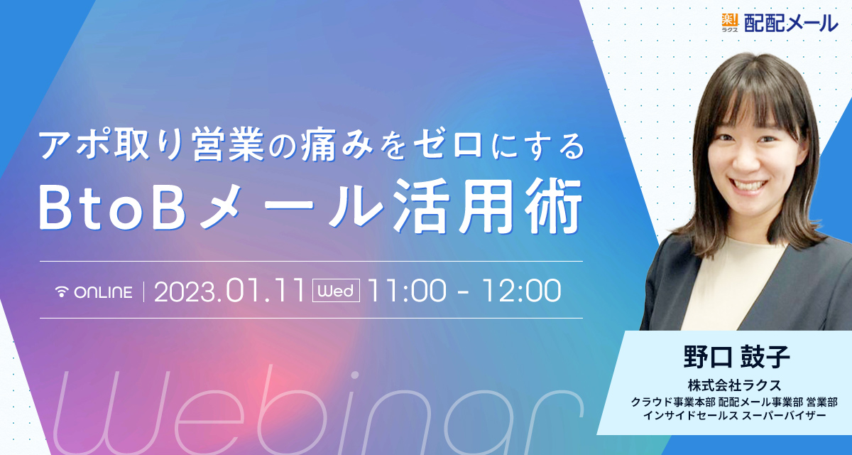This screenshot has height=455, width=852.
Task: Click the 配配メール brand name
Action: [x=791, y=23]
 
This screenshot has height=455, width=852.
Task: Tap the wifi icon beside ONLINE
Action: [x=62, y=291]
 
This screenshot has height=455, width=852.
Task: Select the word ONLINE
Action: [x=104, y=292]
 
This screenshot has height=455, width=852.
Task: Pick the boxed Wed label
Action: [x=336, y=291]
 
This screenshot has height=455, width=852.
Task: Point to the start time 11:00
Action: [x=407, y=291]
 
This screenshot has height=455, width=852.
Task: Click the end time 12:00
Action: [x=521, y=291]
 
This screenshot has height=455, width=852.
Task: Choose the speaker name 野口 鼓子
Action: [x=736, y=357]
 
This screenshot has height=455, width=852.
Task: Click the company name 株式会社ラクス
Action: [x=734, y=385]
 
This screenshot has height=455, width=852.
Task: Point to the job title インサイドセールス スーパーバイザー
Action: [x=734, y=415]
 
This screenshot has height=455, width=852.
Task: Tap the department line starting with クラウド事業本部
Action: [x=734, y=402]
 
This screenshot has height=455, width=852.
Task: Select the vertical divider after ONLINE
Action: [x=143, y=292]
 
